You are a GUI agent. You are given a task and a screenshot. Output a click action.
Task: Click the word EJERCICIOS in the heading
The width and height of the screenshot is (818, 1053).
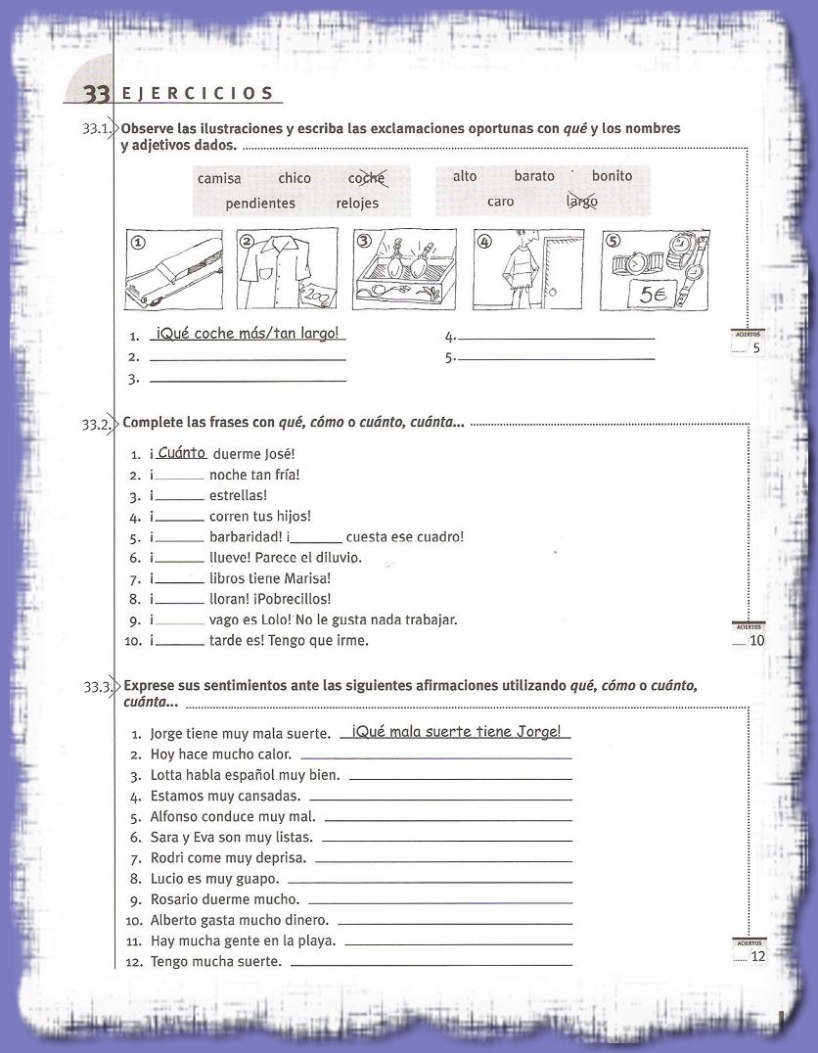[198, 94]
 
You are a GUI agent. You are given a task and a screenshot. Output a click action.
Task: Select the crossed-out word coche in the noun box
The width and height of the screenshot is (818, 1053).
[367, 178]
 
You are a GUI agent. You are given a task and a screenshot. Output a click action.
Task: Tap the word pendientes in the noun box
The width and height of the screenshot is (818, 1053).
[260, 204]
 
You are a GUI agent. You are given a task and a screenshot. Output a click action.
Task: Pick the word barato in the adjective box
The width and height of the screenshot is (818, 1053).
[534, 176]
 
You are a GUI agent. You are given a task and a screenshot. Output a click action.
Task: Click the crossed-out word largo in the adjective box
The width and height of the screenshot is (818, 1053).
[582, 202]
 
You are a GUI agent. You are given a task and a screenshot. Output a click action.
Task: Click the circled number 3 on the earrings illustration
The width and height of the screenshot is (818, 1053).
[364, 240]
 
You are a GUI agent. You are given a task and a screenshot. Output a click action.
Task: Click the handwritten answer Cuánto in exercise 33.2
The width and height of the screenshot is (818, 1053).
[182, 452]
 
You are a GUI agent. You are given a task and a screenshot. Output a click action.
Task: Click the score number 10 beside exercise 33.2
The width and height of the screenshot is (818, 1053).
[756, 641]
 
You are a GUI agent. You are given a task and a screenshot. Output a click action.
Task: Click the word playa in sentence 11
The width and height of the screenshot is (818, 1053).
[319, 940]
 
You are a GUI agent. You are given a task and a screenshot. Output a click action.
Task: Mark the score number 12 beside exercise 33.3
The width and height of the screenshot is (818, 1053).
[758, 956]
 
